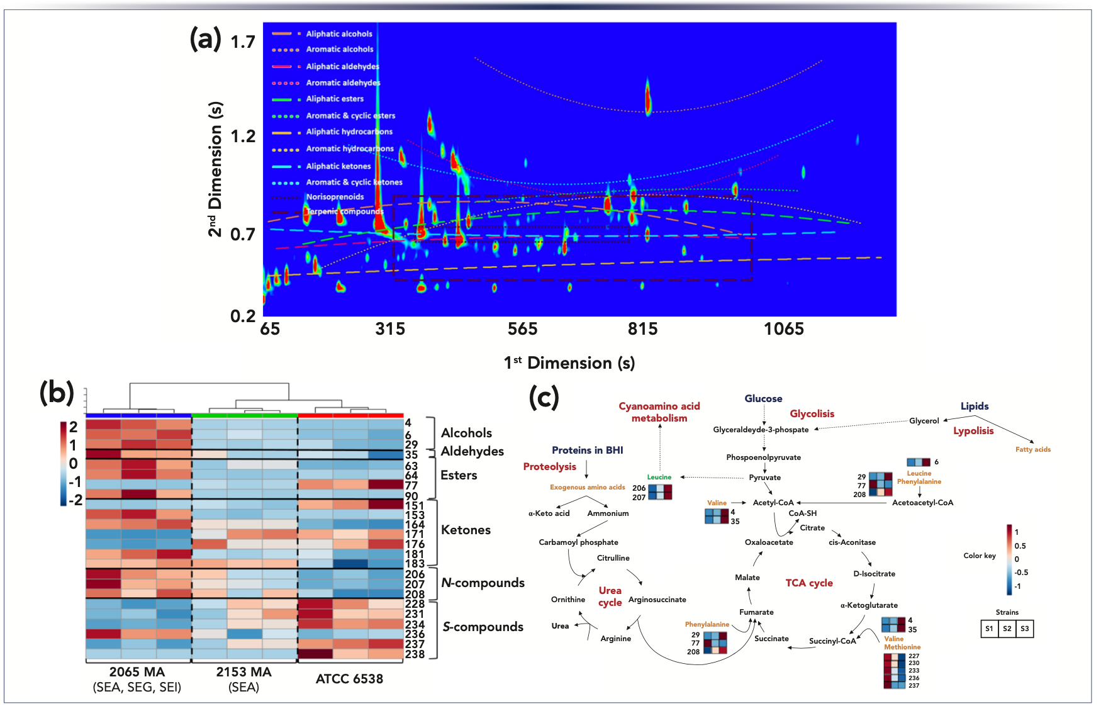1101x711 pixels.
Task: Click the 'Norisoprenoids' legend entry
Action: (335, 197)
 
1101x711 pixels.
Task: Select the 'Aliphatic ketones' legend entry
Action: (338, 166)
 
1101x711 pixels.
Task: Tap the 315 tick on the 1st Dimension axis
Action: (390, 329)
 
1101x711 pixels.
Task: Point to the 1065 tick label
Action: (783, 329)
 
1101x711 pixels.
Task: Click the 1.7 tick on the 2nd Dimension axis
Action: (243, 42)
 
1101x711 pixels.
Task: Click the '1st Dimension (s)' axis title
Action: (569, 363)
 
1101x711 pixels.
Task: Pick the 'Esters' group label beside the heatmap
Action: (459, 475)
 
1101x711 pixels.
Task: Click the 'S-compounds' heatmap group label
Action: (483, 627)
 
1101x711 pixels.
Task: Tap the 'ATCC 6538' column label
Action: (349, 679)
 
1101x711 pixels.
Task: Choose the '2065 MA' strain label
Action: (137, 672)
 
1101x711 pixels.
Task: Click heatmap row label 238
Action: (415, 654)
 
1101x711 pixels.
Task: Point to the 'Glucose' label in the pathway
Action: (763, 399)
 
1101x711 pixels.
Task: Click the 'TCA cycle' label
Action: (809, 583)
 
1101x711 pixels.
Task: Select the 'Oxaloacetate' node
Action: (769, 542)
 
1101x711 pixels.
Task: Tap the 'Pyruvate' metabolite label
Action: (764, 478)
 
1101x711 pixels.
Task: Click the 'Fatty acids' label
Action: (1032, 449)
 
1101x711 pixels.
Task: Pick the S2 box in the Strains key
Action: (1007, 629)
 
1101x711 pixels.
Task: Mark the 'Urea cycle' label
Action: (610, 596)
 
